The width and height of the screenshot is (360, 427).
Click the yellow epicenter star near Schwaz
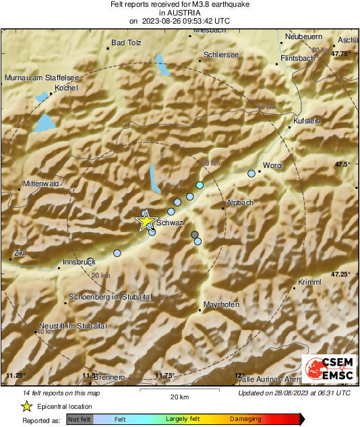tap(146, 221)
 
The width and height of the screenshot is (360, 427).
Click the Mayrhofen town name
tap(221, 305)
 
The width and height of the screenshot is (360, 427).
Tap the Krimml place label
tap(308, 281)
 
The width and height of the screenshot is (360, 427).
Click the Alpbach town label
tap(239, 202)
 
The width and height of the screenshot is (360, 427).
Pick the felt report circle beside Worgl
tap(251, 173)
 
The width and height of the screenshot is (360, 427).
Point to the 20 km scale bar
tap(178, 391)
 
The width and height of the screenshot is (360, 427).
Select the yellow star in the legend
tap(26, 406)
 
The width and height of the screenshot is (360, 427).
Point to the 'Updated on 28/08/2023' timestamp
tap(294, 393)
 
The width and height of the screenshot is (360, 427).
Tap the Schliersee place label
tap(221, 55)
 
